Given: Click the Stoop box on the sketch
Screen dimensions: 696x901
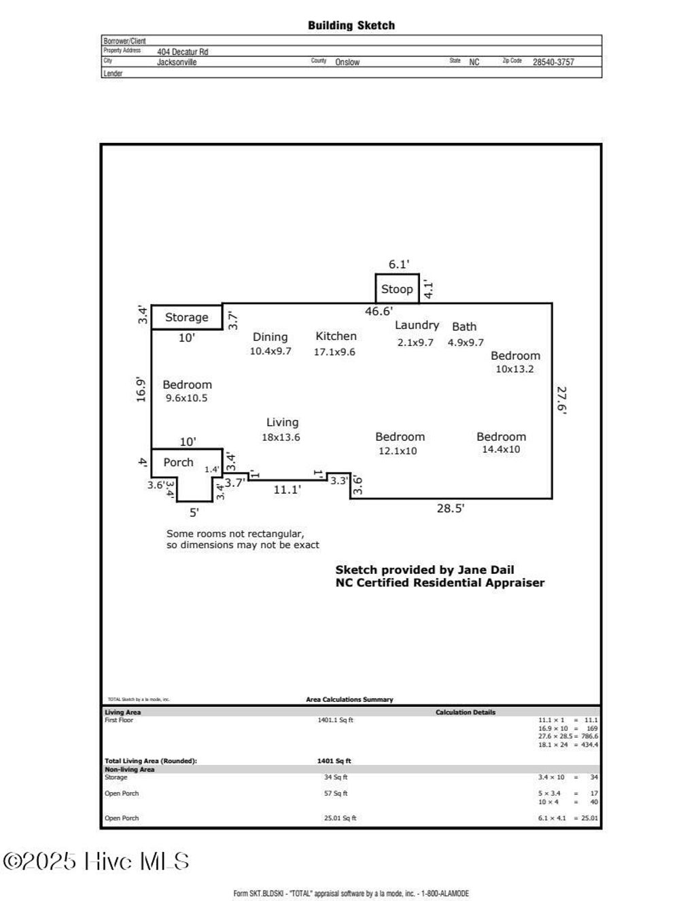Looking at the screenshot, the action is coord(397,289).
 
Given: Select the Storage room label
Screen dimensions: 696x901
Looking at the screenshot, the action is coord(186,318).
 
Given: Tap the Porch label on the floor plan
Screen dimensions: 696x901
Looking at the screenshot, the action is coord(178,462).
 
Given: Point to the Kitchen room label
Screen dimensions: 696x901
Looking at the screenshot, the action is coord(336,336).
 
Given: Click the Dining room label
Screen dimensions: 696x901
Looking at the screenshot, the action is coord(270,337).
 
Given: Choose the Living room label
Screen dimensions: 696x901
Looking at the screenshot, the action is coord(282,422).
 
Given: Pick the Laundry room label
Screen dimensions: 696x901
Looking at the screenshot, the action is coord(417,325).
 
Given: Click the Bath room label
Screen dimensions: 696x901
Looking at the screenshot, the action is coord(464,326).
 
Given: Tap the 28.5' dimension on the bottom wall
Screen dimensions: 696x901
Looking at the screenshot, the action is coord(450,508).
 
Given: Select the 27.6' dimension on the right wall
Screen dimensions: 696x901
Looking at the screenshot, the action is coord(561,400).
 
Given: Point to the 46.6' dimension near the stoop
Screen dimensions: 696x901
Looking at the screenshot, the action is coord(379,311).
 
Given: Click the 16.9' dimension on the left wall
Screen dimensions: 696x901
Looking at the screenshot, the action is coord(141,390).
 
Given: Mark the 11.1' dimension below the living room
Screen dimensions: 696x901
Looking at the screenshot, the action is coord(287,489).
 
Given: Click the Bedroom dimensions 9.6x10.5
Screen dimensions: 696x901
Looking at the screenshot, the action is coord(187,398).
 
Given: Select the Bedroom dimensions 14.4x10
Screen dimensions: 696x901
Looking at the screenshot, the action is coord(501,449).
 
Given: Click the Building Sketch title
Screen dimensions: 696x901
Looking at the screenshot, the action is coord(351,25).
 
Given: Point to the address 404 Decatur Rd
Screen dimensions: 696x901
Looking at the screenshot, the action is coord(183,52).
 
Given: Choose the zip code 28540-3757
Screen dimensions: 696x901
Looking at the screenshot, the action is coord(553,62).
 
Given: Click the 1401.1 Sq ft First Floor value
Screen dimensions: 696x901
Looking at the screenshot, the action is coord(336,720).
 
